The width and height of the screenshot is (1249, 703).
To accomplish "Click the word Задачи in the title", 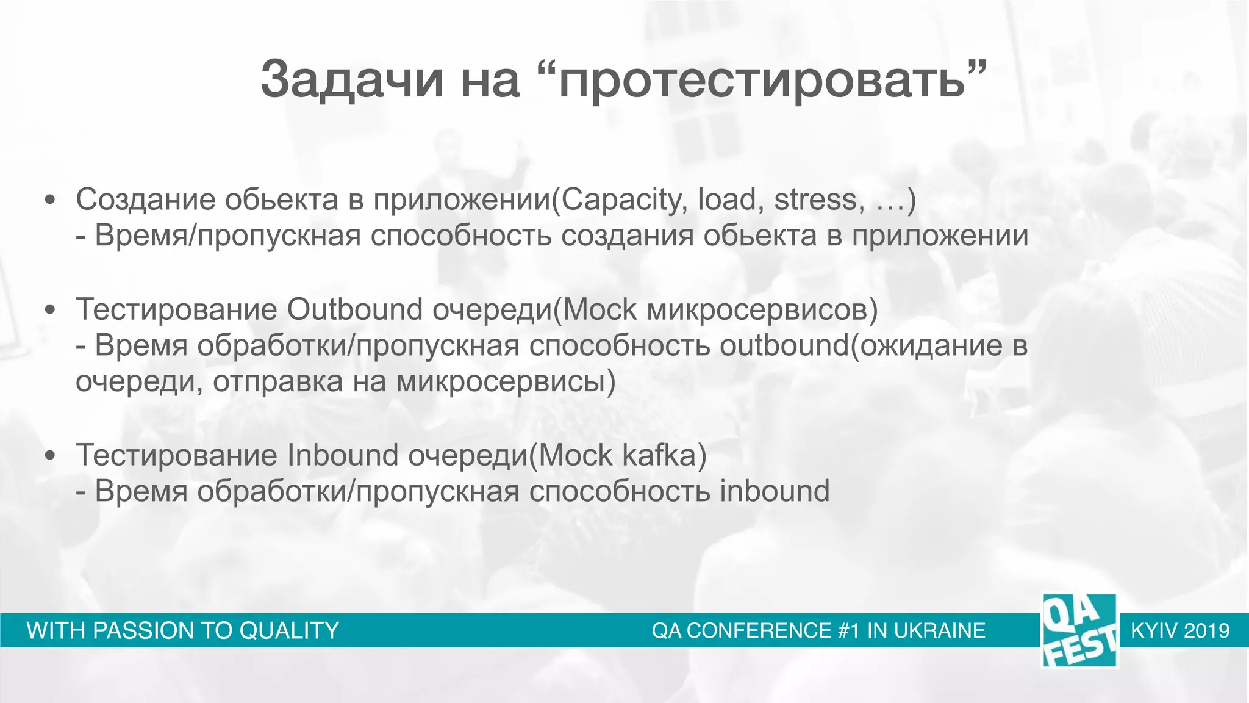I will pyautogui.click(x=351, y=80).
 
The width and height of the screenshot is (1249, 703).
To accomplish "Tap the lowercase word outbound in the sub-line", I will pyautogui.click(x=784, y=345).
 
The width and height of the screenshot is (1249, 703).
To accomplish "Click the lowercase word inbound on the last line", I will pyautogui.click(x=775, y=491).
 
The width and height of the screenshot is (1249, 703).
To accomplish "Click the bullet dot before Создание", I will pyautogui.click(x=51, y=201).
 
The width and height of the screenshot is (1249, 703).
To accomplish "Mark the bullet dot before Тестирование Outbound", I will pyautogui.click(x=51, y=310).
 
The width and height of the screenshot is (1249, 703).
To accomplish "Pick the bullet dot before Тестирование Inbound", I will pyautogui.click(x=51, y=456).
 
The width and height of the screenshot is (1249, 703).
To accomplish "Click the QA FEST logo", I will pyautogui.click(x=1079, y=630).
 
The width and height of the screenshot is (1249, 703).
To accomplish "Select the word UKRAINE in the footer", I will pyautogui.click(x=939, y=630).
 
